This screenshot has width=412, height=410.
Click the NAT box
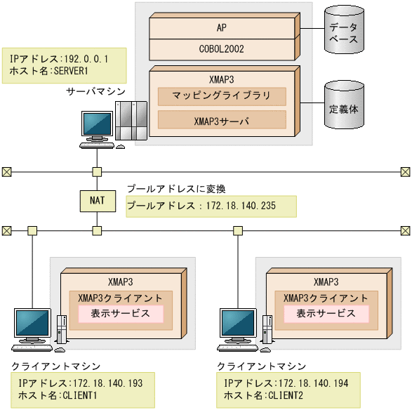(x=97, y=201)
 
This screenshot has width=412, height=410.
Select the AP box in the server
(x=222, y=27)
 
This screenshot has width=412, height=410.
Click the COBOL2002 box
(x=222, y=49)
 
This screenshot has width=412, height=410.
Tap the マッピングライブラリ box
(x=222, y=96)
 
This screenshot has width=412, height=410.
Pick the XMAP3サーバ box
(x=222, y=121)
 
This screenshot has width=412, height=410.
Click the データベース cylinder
(x=344, y=32)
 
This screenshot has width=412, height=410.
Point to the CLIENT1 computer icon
(x=39, y=330)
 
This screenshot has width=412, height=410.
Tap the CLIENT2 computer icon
(x=244, y=330)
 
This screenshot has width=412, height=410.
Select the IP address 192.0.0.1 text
(x=59, y=60)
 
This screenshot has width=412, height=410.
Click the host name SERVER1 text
(x=49, y=72)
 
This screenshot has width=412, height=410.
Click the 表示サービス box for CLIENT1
(x=120, y=314)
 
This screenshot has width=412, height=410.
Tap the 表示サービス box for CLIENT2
(x=326, y=314)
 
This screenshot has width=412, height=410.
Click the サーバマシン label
(x=95, y=91)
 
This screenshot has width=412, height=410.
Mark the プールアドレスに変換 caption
(x=175, y=189)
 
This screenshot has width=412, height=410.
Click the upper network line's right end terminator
(x=405, y=171)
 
